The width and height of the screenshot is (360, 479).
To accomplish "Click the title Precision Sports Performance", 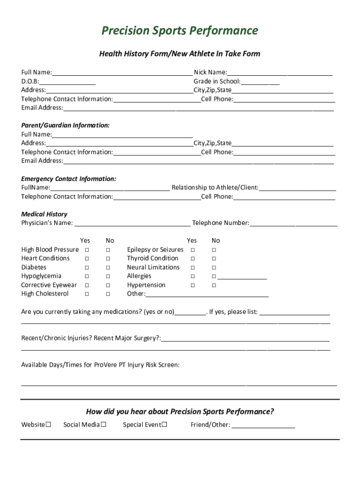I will pyautogui.click(x=180, y=31).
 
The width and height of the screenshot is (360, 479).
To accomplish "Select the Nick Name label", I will pyautogui.click(x=210, y=73).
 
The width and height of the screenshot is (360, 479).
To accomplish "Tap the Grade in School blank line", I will pyautogui.click(x=260, y=82).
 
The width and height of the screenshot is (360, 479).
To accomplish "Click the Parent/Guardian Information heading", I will pyautogui.click(x=65, y=125).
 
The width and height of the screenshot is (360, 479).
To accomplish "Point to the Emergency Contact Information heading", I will pyautogui.click(x=69, y=179).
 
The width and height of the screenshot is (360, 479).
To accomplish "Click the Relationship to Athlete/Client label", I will pyautogui.click(x=215, y=188).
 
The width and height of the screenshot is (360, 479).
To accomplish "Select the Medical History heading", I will pyautogui.click(x=44, y=214).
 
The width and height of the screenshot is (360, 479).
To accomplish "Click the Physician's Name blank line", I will pyautogui.click(x=132, y=224).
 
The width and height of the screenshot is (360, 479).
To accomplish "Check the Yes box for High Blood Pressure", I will pyautogui.click(x=87, y=250).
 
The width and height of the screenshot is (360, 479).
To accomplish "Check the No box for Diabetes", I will pyautogui.click(x=108, y=268).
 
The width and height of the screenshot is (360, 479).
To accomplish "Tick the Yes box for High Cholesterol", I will pyautogui.click(x=87, y=294).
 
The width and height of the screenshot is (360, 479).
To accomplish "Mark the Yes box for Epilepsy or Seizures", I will pyautogui.click(x=192, y=250).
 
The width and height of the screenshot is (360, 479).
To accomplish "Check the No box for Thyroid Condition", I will pyautogui.click(x=214, y=259).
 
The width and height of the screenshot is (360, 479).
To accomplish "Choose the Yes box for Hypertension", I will pyautogui.click(x=192, y=285).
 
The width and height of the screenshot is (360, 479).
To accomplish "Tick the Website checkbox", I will pyautogui.click(x=48, y=425).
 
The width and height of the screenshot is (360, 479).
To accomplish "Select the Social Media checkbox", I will pyautogui.click(x=104, y=425).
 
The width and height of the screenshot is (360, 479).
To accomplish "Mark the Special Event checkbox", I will pyautogui.click(x=165, y=425).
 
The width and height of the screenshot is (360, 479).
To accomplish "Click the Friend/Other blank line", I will pyautogui.click(x=263, y=426).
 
